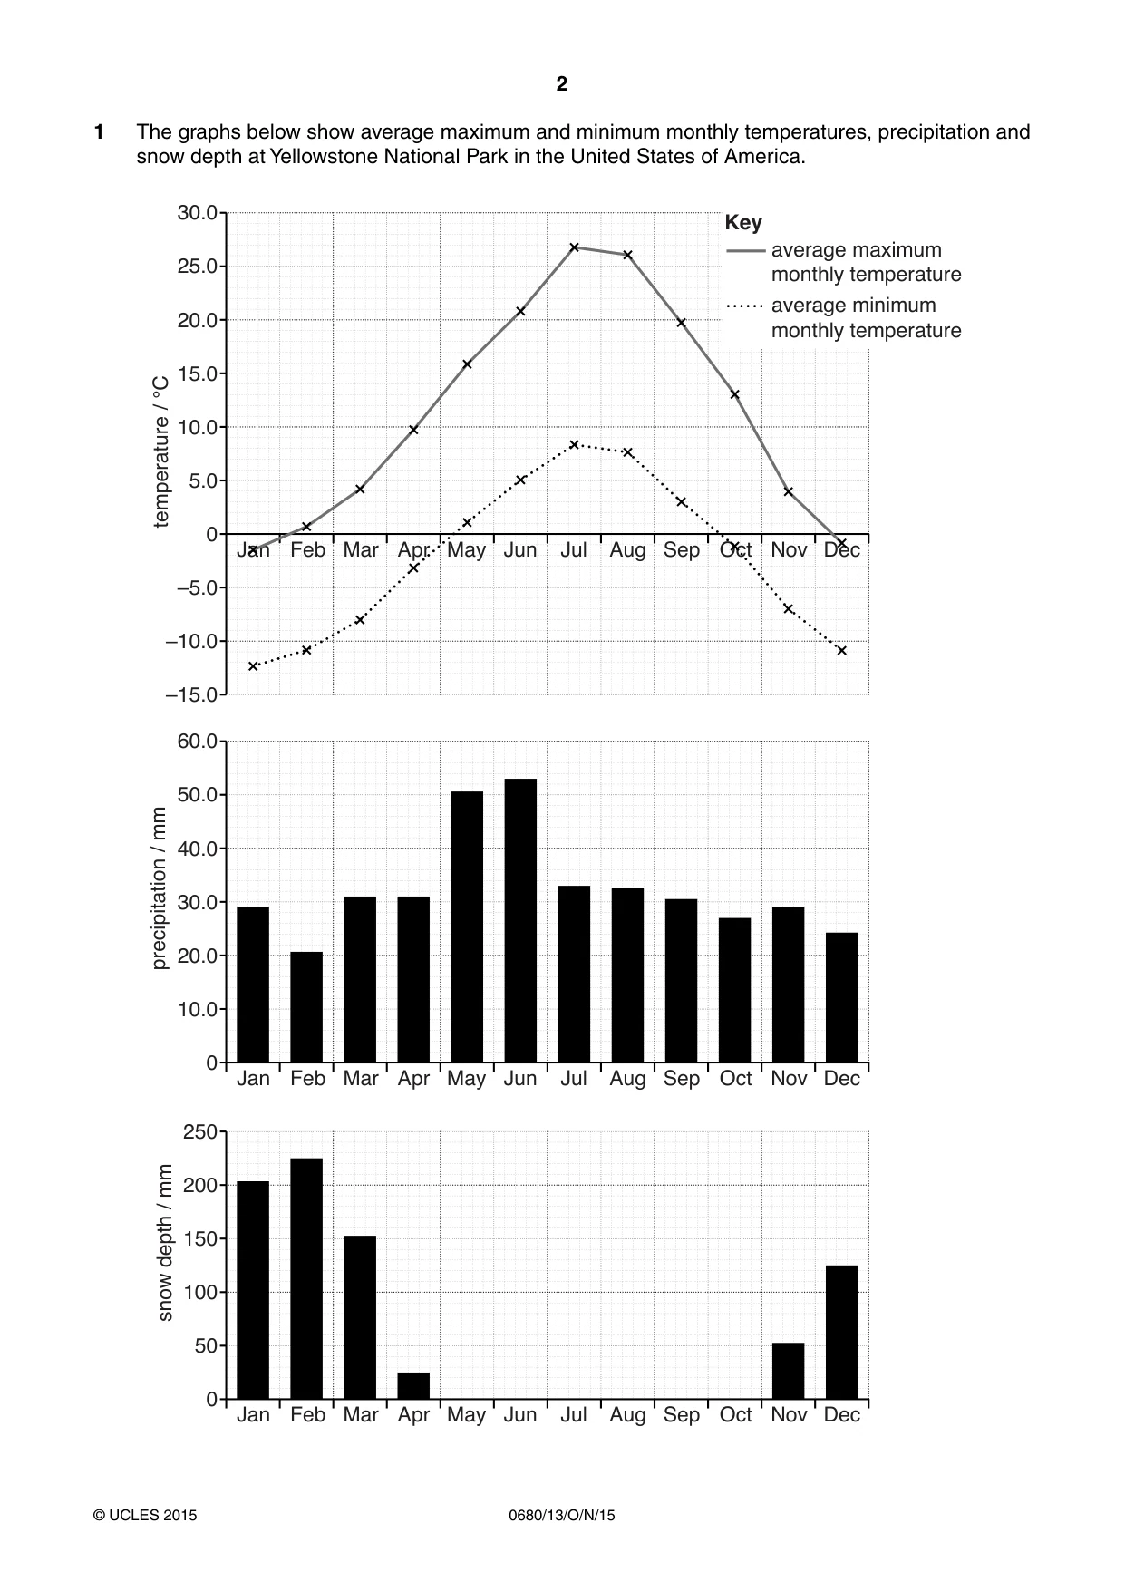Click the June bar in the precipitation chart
coord(520,920)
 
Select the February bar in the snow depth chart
coord(306,1278)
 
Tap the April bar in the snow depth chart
coord(413,1385)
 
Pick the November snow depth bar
coord(788,1371)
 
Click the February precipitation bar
coord(306,1007)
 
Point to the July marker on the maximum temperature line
coord(574,247)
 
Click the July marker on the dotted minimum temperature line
coord(574,444)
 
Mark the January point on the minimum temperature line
coord(253,666)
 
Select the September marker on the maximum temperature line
coord(681,322)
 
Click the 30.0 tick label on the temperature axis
coord(197,214)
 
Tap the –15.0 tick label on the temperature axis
coord(191,695)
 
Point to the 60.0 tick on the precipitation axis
coord(197,742)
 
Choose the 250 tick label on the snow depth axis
coord(200,1132)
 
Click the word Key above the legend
coord(743,223)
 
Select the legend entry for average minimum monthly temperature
coord(844,317)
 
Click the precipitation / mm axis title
coord(160,888)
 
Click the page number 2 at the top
coord(562,84)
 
